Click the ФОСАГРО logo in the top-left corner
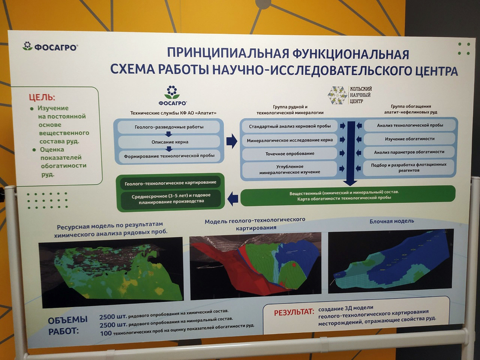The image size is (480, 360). (x=50, y=46)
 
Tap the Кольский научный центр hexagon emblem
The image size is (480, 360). (x=337, y=95)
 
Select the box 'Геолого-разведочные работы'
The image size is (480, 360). (x=169, y=127)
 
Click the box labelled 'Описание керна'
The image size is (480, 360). (x=169, y=142)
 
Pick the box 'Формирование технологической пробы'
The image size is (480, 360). (x=169, y=156)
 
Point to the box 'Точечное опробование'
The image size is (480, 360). (x=290, y=154)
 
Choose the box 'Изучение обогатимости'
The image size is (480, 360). (x=409, y=139)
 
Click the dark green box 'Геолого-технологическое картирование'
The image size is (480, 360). (x=170, y=183)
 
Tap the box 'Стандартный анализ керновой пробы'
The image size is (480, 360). (x=290, y=126)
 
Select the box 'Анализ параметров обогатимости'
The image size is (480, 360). (x=409, y=152)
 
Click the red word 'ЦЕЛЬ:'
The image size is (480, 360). (x=42, y=97)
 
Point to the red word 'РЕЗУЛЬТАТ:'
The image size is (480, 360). (x=294, y=313)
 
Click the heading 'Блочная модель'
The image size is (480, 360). (x=391, y=221)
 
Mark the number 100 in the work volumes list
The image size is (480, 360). (x=105, y=333)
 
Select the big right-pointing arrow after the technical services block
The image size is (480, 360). (x=232, y=141)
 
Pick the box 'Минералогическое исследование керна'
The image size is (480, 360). (x=290, y=140)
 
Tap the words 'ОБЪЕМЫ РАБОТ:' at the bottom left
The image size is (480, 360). (x=67, y=325)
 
